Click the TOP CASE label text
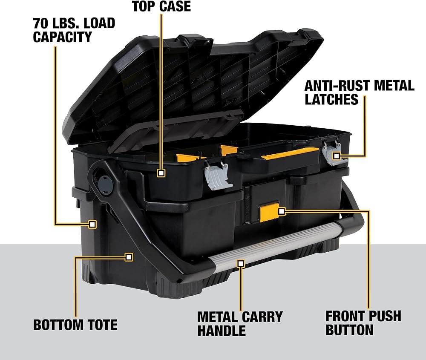click(x=161, y=6)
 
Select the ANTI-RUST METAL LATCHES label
click(x=359, y=92)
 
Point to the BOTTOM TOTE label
click(x=75, y=325)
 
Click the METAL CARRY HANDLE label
click(x=240, y=323)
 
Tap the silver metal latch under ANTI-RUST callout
click(x=332, y=152)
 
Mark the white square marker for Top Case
click(x=161, y=173)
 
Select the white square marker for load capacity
click(x=92, y=224)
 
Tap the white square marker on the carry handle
click(x=241, y=264)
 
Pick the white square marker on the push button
click(x=281, y=210)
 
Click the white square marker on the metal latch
click(x=337, y=156)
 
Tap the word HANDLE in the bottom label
click(x=221, y=330)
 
